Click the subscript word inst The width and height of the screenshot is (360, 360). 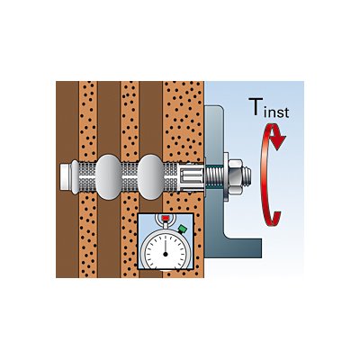coord(276,112)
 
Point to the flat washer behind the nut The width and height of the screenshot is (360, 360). coord(225,176)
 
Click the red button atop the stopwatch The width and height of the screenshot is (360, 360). coord(165,218)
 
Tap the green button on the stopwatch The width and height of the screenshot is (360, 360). coord(182,229)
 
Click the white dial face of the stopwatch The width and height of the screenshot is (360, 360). coord(166,254)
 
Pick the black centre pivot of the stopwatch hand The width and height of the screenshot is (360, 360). coord(166,254)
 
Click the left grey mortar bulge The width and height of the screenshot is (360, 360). coord(108,176)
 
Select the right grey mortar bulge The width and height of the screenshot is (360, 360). coord(151,177)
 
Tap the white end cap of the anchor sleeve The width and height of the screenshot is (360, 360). coord(66,177)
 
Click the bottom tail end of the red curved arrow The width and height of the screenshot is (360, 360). coord(274,218)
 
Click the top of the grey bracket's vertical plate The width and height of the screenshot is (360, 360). coord(213,106)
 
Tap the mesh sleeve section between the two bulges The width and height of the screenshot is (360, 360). coord(130,177)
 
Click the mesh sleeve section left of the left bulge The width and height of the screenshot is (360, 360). coord(87,177)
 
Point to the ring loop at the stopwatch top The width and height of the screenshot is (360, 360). coord(165,220)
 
